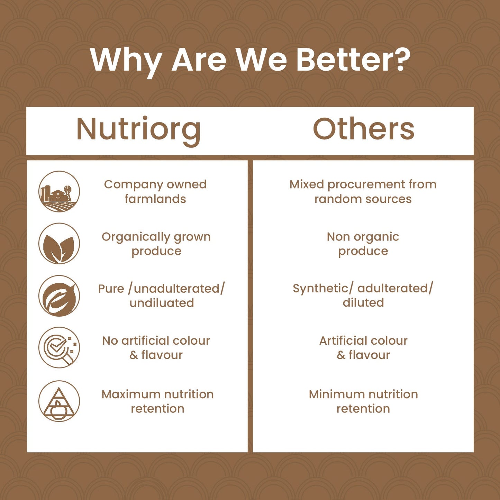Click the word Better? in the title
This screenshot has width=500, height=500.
tap(353, 60)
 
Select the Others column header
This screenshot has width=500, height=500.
tap(363, 129)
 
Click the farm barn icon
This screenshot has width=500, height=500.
tap(59, 191)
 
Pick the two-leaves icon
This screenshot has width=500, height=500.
tap(59, 244)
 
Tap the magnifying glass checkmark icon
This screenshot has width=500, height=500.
tap(59, 347)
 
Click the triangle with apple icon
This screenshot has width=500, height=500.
tap(59, 401)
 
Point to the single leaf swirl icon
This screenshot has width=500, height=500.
tap(59, 296)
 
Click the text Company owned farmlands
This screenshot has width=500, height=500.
tap(155, 192)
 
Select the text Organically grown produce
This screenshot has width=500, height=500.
tap(156, 244)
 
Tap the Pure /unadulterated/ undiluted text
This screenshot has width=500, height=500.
tap(162, 296)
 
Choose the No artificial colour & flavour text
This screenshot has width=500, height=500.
tap(156, 348)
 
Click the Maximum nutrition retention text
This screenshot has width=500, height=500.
tap(157, 401)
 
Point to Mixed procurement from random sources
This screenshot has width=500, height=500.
tap(363, 192)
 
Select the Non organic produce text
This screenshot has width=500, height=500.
tap(363, 244)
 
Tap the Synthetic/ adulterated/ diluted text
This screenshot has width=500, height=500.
tap(363, 296)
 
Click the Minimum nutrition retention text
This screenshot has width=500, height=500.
tap(363, 401)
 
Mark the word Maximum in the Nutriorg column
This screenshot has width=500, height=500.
tap(126, 394)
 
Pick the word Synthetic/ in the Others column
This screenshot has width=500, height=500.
tap(323, 289)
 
